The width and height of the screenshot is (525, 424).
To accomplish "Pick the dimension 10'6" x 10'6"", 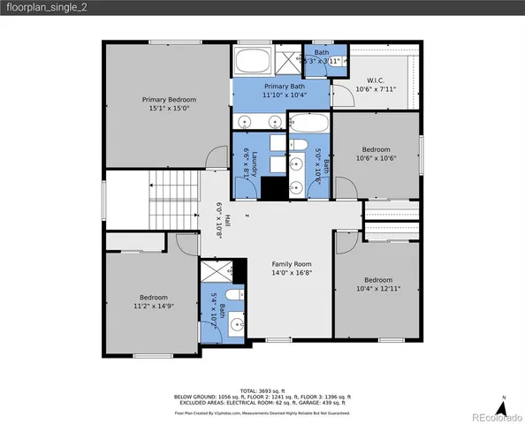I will pos(374,159).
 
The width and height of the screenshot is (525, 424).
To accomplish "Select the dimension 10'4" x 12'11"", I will pos(378,288).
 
